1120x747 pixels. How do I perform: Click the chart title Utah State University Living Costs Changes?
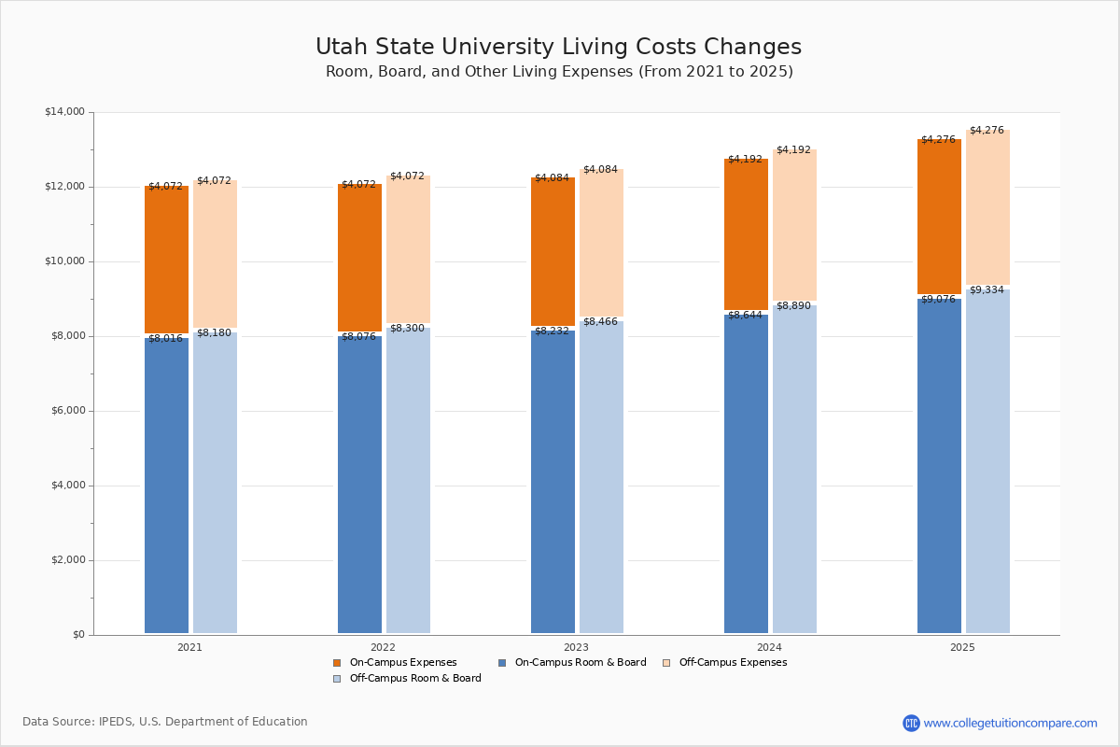pyautogui.click(x=558, y=48)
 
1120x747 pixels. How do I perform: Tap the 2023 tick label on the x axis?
pyautogui.click(x=576, y=647)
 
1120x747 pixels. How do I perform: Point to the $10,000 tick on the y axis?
pyautogui.click(x=64, y=261)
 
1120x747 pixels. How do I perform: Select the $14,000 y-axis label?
pyautogui.click(x=64, y=112)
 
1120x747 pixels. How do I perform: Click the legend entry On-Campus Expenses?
pyautogui.click(x=402, y=663)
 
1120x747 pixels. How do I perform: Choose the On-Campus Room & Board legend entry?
pyautogui.click(x=580, y=663)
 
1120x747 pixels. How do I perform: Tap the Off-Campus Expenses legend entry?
pyautogui.click(x=733, y=663)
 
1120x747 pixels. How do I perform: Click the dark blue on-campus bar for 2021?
pyautogui.click(x=166, y=486)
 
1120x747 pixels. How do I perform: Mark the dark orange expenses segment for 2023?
pyautogui.click(x=553, y=251)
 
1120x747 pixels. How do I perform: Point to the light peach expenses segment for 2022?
pyautogui.click(x=408, y=249)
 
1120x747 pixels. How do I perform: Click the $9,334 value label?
pyautogui.click(x=987, y=290)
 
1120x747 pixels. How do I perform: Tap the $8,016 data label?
pyautogui.click(x=165, y=339)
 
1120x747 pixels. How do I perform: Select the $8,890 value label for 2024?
pyautogui.click(x=793, y=306)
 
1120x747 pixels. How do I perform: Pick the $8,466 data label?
pyautogui.click(x=600, y=322)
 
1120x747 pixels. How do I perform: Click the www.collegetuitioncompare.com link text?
pyautogui.click(x=1010, y=723)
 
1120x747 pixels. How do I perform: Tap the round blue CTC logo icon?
pyautogui.click(x=911, y=723)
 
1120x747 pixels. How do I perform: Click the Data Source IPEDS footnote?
pyautogui.click(x=165, y=722)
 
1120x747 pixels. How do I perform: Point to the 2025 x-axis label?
pyautogui.click(x=962, y=647)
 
